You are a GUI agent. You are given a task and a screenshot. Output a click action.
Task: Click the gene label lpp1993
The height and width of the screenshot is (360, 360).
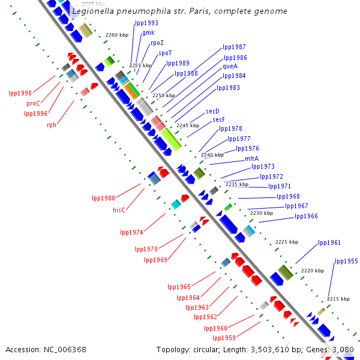(147, 23)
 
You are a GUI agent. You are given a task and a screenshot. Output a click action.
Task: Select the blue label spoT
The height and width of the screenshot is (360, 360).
(165, 53)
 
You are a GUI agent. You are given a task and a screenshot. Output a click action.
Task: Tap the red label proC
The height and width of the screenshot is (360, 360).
(33, 103)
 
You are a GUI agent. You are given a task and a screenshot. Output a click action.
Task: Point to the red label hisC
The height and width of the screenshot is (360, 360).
(119, 210)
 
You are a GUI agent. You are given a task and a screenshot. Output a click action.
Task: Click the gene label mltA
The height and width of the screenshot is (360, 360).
(251, 158)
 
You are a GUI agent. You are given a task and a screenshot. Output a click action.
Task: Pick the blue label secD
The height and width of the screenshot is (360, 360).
(212, 111)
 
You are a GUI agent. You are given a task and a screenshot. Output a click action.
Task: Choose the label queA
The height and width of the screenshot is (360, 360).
(230, 66)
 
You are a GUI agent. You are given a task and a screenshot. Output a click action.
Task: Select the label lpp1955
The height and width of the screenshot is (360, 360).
(346, 261)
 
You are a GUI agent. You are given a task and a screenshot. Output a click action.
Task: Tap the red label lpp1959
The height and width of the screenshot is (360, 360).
(224, 338)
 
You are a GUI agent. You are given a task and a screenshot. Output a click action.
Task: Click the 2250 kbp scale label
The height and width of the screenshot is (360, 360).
(164, 95)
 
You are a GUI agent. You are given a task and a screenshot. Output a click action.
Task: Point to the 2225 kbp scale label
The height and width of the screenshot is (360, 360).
(286, 242)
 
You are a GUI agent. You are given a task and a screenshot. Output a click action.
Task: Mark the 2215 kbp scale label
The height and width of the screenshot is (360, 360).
(338, 298)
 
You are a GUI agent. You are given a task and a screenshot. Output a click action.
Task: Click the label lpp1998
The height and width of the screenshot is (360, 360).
(20, 93)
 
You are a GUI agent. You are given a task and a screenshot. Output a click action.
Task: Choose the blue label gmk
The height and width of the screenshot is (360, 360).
(148, 32)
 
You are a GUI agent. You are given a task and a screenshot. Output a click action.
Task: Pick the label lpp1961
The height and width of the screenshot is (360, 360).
(329, 242)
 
